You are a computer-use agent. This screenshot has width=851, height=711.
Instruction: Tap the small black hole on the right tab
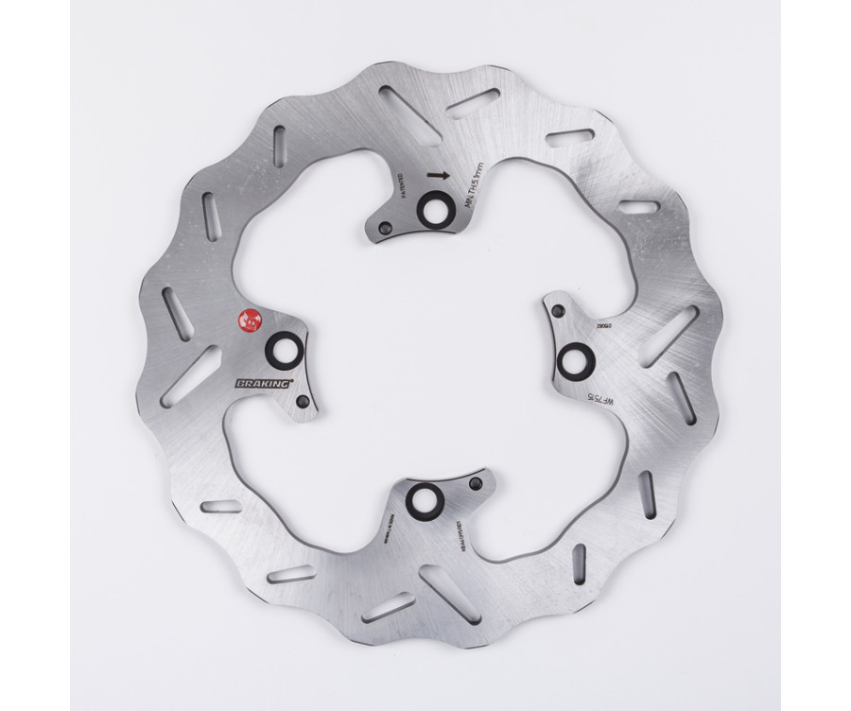coord(560,311)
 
